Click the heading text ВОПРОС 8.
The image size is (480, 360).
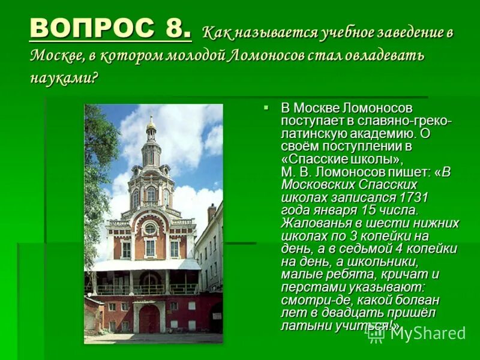click(110, 29)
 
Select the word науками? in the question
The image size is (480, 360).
click(63, 79)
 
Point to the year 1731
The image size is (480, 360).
click(414, 197)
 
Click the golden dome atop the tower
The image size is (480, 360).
click(151, 125)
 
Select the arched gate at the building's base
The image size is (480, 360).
click(149, 317)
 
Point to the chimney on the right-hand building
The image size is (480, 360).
click(211, 213)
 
